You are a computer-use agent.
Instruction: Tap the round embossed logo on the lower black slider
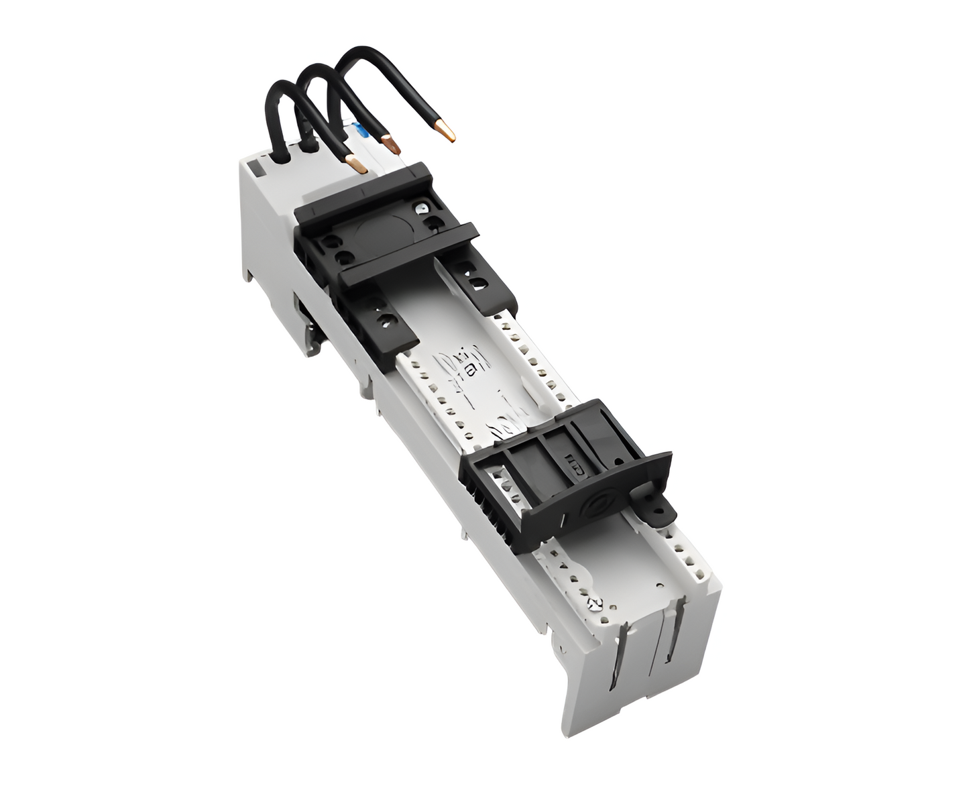(596, 505)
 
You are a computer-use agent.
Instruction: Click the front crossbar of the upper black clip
(409, 258)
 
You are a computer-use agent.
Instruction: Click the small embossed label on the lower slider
(576, 462)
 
